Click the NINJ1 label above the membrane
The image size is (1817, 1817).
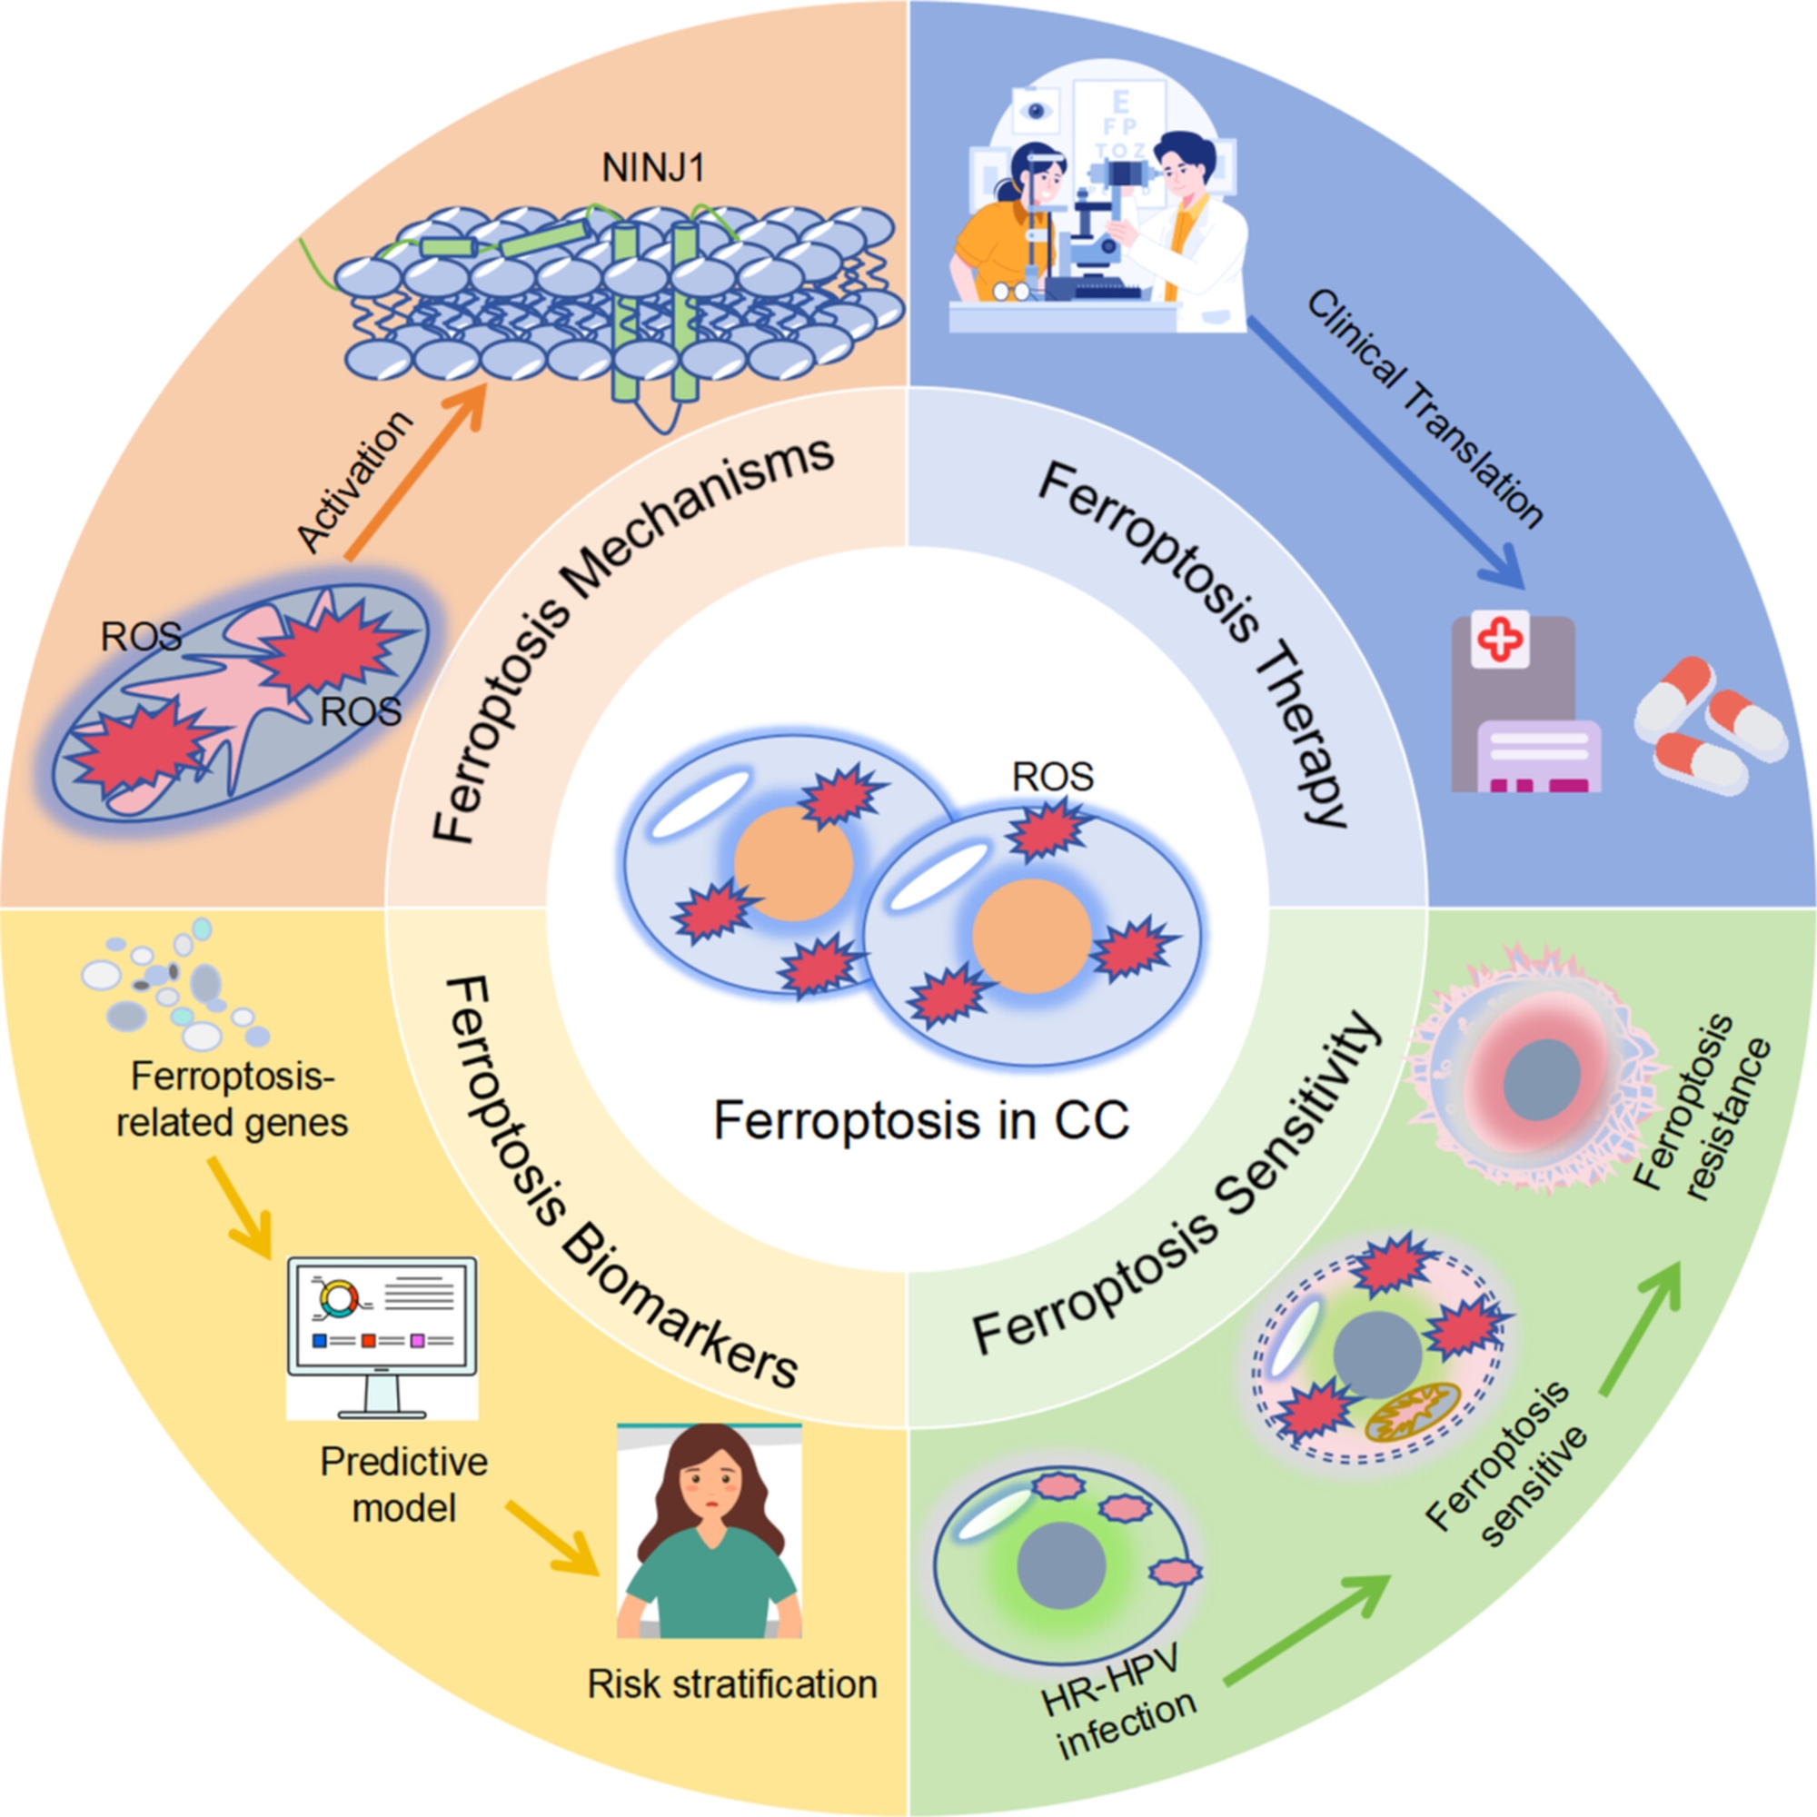(x=652, y=167)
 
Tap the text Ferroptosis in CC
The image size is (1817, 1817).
(x=920, y=1120)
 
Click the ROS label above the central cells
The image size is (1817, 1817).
(x=1052, y=777)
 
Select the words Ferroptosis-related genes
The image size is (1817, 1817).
(x=232, y=1099)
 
